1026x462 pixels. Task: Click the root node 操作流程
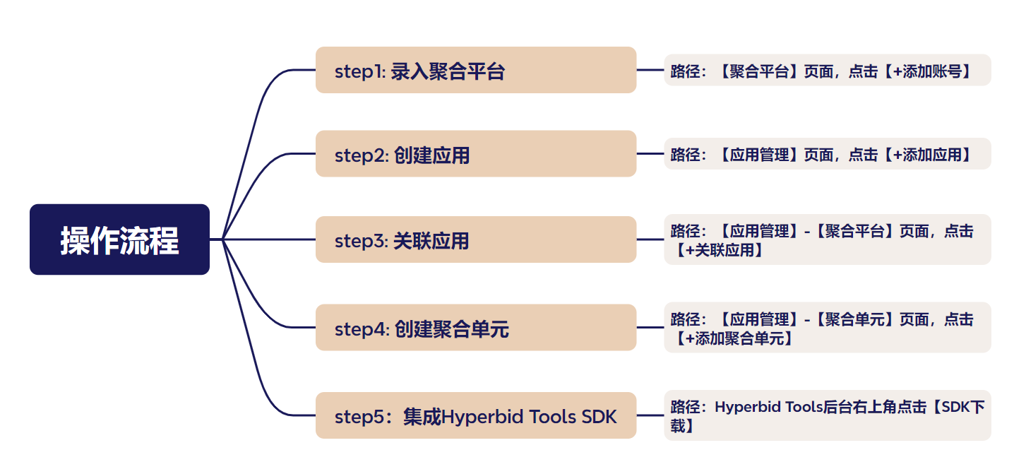119,239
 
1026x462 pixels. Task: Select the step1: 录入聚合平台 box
475,70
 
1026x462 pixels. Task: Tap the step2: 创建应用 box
475,154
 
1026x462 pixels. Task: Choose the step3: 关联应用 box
475,240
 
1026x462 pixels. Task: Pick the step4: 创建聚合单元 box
475,328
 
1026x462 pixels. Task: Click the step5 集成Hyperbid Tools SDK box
475,415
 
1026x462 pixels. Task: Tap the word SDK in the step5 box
599,417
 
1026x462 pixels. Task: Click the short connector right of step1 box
650,70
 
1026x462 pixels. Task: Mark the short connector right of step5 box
650,415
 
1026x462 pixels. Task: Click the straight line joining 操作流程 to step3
268,239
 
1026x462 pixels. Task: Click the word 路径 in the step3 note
684,231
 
